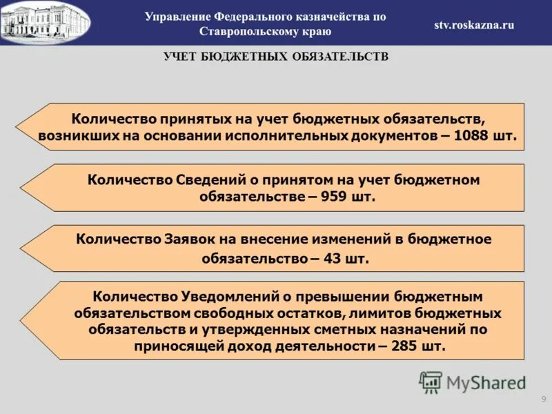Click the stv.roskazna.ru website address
tap(474, 25)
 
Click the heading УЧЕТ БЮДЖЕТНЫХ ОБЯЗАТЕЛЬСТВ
tap(276, 57)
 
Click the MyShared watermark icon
tap(431, 382)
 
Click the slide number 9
tap(543, 400)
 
